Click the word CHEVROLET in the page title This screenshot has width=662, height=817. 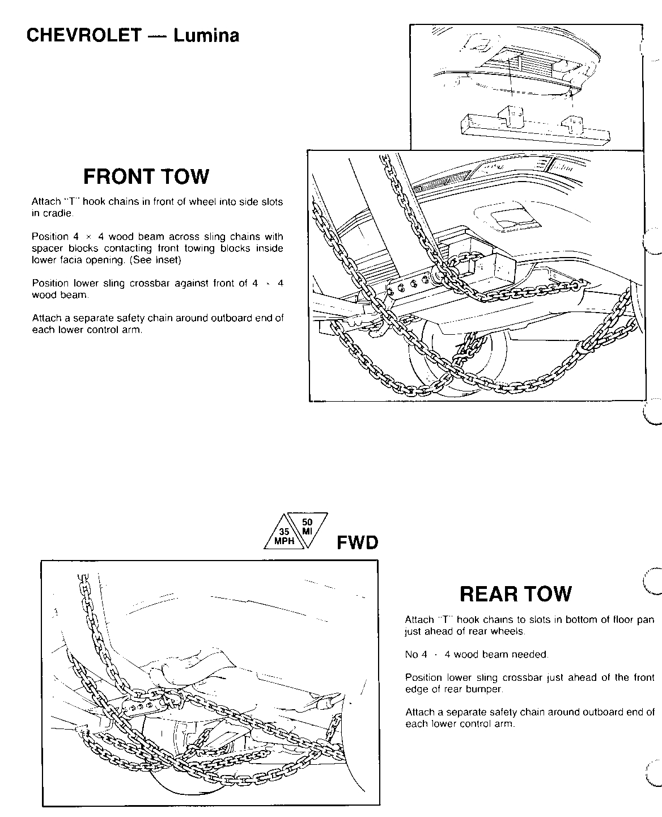tap(84, 36)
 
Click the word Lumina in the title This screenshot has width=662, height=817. tap(206, 36)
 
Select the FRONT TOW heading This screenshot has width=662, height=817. tap(146, 176)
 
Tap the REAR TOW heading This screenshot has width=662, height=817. tap(515, 594)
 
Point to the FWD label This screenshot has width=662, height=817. tap(357, 543)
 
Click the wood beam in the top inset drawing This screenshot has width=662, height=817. tap(536, 129)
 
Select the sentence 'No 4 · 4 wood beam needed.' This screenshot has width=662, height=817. tap(477, 655)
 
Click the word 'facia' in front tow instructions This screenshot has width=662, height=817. tap(69, 260)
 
